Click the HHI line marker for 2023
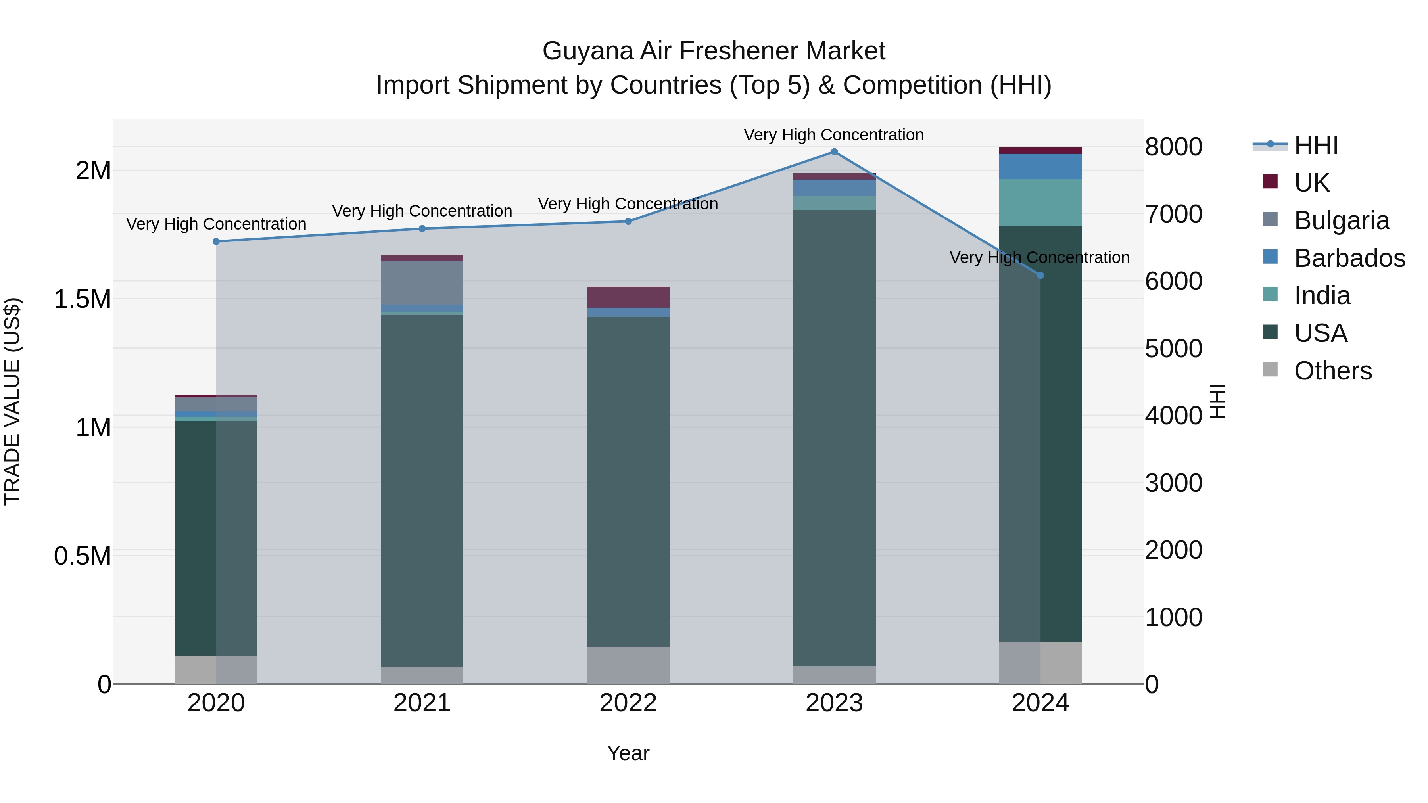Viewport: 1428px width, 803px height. click(834, 152)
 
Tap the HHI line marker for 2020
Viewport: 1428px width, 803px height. click(216, 241)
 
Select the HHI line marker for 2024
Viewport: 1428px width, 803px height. click(1040, 276)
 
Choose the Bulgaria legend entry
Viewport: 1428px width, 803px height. click(1342, 220)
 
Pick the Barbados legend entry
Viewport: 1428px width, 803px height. click(1349, 258)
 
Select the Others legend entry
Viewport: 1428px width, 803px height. click(1333, 371)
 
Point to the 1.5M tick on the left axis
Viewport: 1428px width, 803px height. click(83, 299)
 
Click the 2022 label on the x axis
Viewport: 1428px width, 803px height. click(628, 703)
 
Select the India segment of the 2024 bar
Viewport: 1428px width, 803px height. click(1040, 203)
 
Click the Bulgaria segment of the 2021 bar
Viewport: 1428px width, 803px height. click(422, 283)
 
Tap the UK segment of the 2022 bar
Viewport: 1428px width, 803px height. click(628, 297)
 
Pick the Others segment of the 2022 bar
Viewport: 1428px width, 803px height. click(628, 665)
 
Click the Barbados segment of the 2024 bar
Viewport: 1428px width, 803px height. click(1040, 167)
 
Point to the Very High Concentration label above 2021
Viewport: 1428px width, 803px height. click(422, 211)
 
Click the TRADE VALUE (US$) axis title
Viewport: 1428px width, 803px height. click(12, 401)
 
